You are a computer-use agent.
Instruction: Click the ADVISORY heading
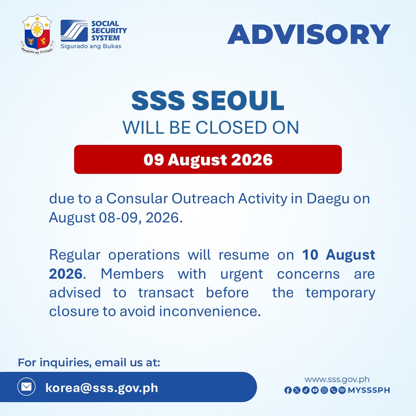[x=309, y=34]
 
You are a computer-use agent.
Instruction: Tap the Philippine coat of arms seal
[x=37, y=34]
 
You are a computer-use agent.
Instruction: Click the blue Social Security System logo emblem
[x=74, y=30]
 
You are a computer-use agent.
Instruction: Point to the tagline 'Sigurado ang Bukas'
[x=91, y=46]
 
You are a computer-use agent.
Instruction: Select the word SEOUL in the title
[x=238, y=101]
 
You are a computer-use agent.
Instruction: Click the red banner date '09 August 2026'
[x=208, y=160]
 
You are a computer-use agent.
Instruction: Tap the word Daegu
[x=328, y=199]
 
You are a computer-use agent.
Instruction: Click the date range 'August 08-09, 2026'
[x=116, y=218]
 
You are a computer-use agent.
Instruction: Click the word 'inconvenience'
[x=210, y=311]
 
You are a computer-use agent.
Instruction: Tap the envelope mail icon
[x=26, y=387]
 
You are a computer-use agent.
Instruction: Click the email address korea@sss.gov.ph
[x=102, y=388]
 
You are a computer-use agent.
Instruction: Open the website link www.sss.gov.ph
[x=337, y=379]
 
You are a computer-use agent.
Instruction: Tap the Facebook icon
[x=288, y=390]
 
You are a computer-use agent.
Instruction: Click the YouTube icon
[x=315, y=390]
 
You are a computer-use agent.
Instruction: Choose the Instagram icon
[x=324, y=390]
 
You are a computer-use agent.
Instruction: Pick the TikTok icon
[x=306, y=390]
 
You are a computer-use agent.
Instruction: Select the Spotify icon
[x=342, y=390]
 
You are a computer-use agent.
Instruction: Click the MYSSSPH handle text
[x=369, y=390]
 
